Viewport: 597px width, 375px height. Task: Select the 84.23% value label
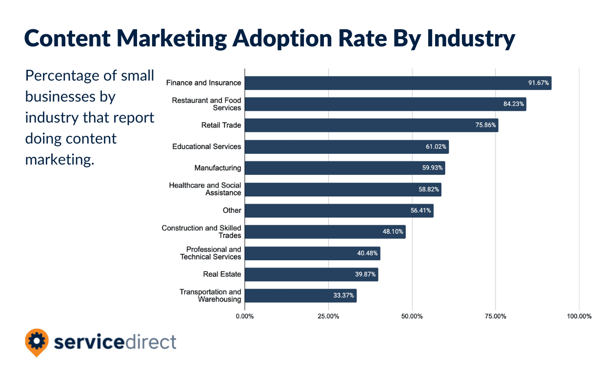coord(514,104)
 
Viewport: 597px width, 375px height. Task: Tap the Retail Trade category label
coord(221,125)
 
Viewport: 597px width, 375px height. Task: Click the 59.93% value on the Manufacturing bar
coord(433,168)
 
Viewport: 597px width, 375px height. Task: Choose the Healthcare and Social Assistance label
coord(205,189)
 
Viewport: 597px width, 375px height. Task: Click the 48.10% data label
coord(393,232)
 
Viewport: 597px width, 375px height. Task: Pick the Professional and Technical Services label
coord(211,253)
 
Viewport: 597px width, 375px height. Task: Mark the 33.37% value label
coord(344,296)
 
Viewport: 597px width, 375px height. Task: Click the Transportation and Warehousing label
coord(210,295)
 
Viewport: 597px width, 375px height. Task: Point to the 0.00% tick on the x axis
coord(245,316)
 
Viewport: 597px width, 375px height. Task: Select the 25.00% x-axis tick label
coord(328,316)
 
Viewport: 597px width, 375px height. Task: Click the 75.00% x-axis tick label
coord(496,316)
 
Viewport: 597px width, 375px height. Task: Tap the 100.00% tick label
coord(579,316)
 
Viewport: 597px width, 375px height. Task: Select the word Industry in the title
coord(471,38)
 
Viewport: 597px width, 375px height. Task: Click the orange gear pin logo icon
coord(37,342)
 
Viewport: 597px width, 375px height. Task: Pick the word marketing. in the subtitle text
coord(59,160)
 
